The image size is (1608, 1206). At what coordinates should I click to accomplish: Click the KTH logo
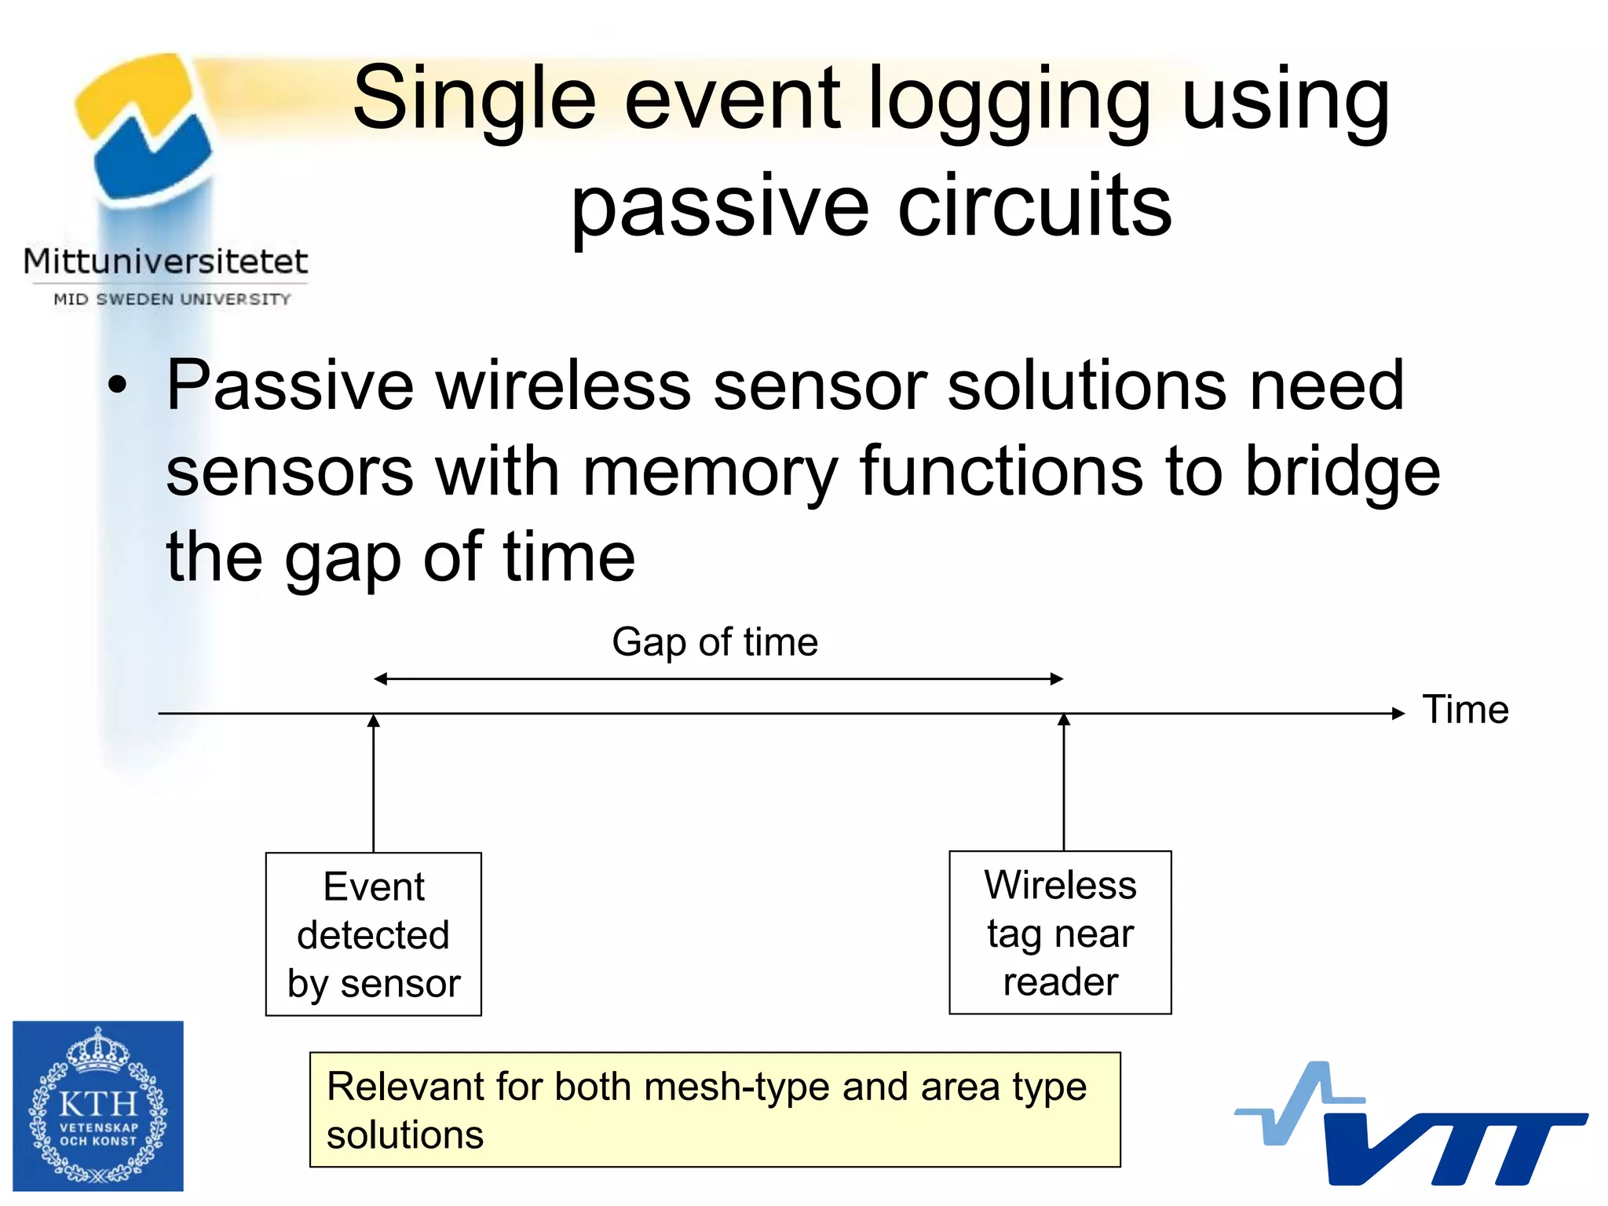pyautogui.click(x=98, y=1105)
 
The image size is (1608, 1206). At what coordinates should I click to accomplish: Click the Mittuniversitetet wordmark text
pyautogui.click(x=166, y=261)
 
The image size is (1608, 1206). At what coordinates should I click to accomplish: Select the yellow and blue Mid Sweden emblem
pyautogui.click(x=145, y=126)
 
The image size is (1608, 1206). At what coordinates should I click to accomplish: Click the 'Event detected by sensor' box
pyautogui.click(x=374, y=934)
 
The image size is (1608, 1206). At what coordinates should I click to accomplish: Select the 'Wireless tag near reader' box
pyautogui.click(x=1060, y=933)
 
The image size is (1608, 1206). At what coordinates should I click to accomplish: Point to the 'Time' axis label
pyautogui.click(x=1465, y=710)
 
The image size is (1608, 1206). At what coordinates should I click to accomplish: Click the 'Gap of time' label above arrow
pyautogui.click(x=714, y=642)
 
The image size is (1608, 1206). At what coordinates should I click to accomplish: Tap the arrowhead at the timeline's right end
pyautogui.click(x=1398, y=714)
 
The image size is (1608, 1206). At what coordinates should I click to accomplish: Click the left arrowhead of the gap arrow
pyautogui.click(x=380, y=679)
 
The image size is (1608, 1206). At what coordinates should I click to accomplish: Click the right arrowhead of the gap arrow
pyautogui.click(x=1057, y=679)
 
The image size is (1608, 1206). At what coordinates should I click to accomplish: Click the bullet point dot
pyautogui.click(x=117, y=386)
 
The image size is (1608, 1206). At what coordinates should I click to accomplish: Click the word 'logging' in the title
pyautogui.click(x=1010, y=100)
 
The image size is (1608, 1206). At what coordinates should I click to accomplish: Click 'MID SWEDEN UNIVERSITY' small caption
pyautogui.click(x=172, y=299)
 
